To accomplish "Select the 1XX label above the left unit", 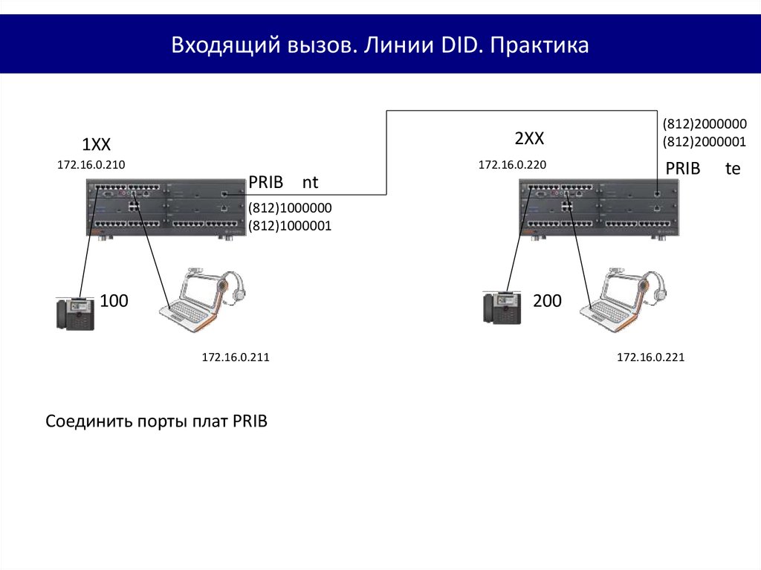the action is tap(96, 144).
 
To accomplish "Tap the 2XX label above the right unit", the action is tap(529, 138).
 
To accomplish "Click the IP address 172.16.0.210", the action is tap(91, 164).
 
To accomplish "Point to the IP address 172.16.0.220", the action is tap(512, 164).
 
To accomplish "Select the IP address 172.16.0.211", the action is tap(236, 357).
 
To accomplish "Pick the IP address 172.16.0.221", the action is tap(650, 357).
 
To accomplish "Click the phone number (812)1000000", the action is tap(290, 208).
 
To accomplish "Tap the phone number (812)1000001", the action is tap(290, 226).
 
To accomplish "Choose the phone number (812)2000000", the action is tap(705, 124).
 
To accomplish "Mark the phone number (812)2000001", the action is tap(705, 142).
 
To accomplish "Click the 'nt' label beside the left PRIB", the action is tap(310, 183).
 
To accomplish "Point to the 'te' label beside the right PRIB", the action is tap(733, 169).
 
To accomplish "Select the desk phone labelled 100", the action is tap(75, 314).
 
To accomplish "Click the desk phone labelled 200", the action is tap(502, 308).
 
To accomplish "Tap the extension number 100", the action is tap(114, 301).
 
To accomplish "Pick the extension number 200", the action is tap(548, 301).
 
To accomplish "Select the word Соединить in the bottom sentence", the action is tap(89, 421).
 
